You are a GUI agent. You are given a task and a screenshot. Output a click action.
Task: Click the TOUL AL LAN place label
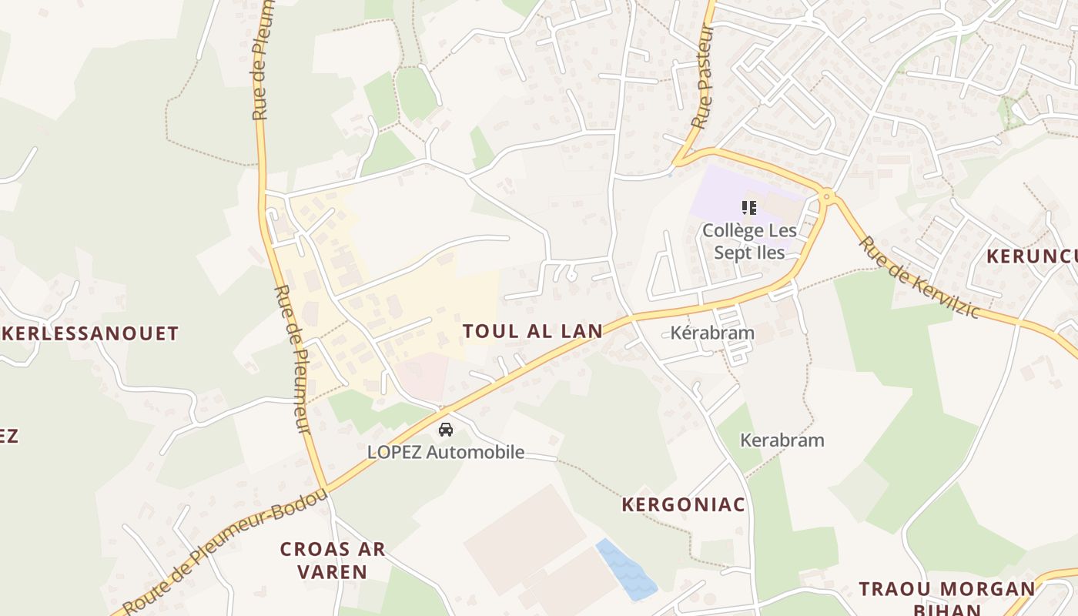click(532, 331)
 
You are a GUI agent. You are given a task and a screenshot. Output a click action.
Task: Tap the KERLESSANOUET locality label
click(91, 333)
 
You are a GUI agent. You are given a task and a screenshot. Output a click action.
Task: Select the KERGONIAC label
click(684, 504)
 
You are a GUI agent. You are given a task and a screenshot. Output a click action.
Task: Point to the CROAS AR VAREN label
click(333, 561)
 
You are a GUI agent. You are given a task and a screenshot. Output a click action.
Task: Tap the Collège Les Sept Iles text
click(748, 241)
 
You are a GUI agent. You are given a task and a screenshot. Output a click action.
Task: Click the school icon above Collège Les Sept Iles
click(748, 207)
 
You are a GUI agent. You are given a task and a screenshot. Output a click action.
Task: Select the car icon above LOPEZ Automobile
click(445, 430)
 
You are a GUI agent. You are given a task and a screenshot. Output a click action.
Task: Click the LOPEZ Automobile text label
click(446, 452)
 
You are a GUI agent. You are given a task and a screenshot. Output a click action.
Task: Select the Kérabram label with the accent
click(712, 333)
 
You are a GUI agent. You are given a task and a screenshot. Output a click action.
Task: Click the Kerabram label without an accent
click(782, 440)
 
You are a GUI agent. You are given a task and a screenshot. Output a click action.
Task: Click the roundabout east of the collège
click(828, 198)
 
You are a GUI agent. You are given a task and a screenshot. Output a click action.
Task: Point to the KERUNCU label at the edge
click(1032, 256)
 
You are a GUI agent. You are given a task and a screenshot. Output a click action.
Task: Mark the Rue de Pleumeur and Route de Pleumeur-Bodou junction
click(326, 487)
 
